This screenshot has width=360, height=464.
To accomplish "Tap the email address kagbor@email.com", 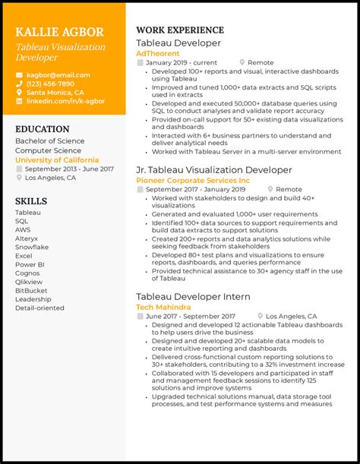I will (58, 75).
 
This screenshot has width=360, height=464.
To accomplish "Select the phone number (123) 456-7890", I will (50, 84).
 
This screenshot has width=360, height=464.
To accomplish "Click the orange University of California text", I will (57, 160).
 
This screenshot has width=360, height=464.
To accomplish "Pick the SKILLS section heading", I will (31, 201).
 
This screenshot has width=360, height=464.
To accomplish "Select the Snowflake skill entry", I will (31, 247).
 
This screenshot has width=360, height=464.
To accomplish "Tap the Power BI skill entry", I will (30, 265).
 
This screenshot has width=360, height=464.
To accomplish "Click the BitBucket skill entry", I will (31, 290).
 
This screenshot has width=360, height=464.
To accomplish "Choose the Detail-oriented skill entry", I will (39, 308).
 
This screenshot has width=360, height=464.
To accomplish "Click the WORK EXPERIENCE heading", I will (179, 30).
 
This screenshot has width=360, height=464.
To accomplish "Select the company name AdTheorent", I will (157, 54).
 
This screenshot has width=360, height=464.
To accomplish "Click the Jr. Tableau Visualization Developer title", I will (213, 170).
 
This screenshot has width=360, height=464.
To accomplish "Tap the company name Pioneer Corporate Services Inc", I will (192, 181).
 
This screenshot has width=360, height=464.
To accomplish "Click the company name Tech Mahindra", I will (163, 307).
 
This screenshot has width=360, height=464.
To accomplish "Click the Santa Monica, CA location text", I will (55, 92).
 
